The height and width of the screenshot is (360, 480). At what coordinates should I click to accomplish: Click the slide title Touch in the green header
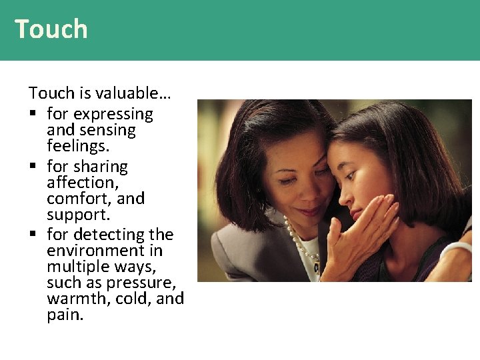(x=51, y=29)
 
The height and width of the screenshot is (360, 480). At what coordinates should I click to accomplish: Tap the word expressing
(x=113, y=115)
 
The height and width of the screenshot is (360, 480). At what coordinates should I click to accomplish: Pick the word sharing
(x=101, y=167)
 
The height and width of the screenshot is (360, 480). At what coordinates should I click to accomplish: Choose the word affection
(x=81, y=183)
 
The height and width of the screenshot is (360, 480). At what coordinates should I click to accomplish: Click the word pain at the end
(x=65, y=315)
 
